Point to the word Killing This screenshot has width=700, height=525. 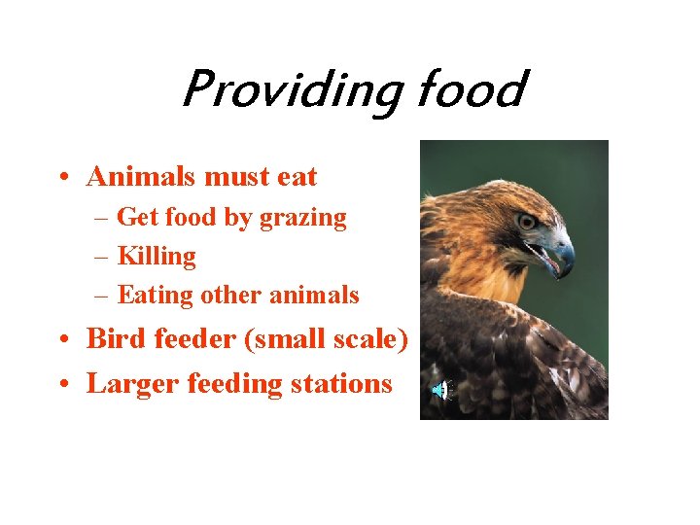tap(157, 257)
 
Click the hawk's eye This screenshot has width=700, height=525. tap(527, 222)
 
